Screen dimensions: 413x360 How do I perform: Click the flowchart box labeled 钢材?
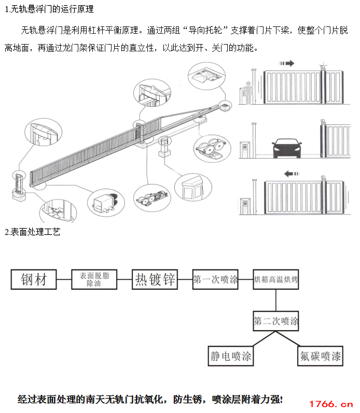(34, 280)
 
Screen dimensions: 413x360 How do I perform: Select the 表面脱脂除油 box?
(94, 280)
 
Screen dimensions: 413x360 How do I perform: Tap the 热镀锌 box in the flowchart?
(155, 280)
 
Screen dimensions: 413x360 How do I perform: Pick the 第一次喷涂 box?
(215, 280)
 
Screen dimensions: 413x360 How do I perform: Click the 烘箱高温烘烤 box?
(276, 280)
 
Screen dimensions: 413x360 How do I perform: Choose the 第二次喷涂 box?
(276, 321)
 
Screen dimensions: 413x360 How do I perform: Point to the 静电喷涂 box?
(231, 357)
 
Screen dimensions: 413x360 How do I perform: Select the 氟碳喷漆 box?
(320, 357)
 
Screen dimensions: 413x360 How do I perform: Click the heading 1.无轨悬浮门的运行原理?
(49, 9)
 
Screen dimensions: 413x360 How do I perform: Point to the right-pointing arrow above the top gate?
(286, 63)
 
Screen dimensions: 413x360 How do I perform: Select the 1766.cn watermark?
(330, 404)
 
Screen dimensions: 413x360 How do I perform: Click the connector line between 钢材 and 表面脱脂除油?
(63, 280)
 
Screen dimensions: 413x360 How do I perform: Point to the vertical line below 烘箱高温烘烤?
(276, 301)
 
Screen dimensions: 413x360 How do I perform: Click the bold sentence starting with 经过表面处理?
(150, 399)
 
